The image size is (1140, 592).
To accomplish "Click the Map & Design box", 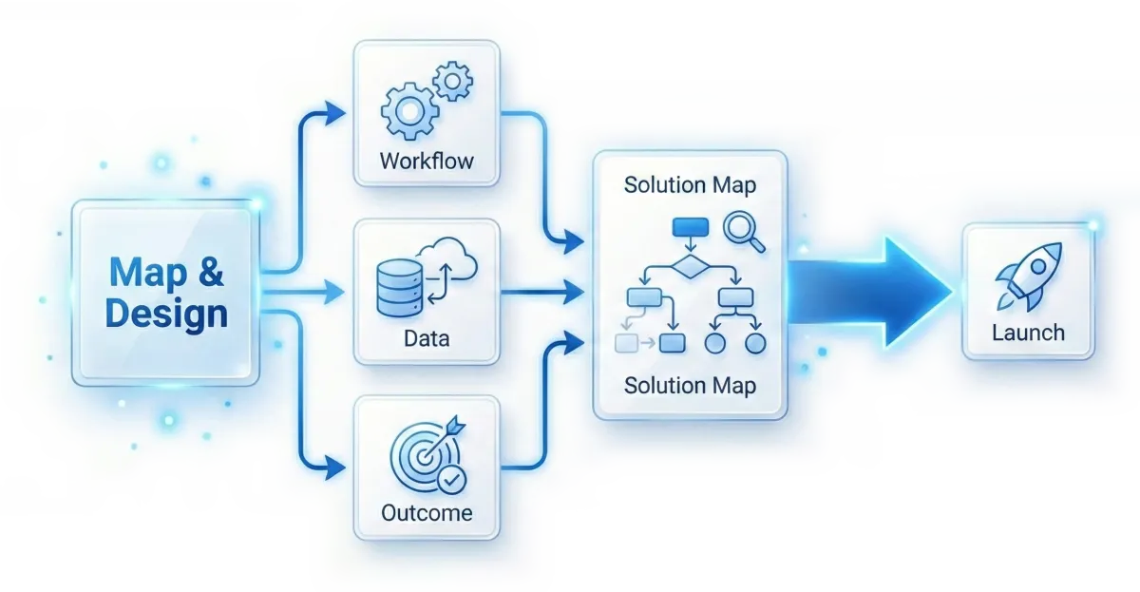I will (166, 292).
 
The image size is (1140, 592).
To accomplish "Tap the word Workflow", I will (426, 160).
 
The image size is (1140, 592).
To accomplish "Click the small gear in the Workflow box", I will (451, 82).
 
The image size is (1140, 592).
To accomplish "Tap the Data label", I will (427, 337).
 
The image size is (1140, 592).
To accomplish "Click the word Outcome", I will (427, 513).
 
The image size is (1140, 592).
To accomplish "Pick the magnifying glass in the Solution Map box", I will (743, 232).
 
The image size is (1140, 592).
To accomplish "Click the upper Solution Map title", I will (690, 184).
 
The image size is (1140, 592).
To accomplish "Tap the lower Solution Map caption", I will (690, 386).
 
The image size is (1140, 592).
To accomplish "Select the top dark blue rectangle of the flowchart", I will (691, 228).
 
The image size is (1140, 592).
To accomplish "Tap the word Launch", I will (1028, 333).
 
